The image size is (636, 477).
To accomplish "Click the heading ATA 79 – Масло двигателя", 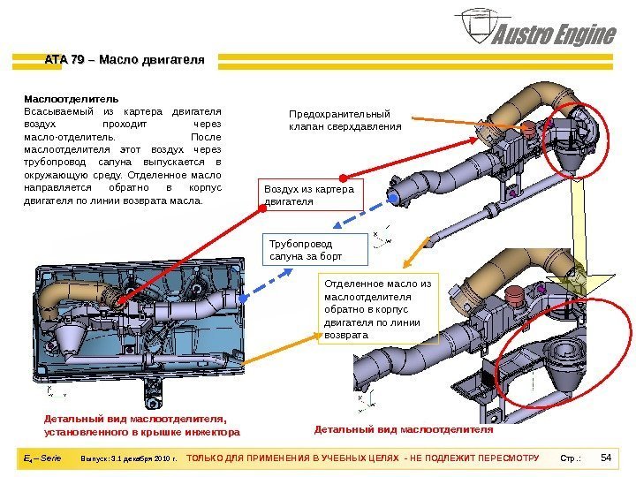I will point(125,60).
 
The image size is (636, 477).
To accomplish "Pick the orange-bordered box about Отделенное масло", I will point(378,309).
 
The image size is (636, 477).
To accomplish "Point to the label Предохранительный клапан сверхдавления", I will point(345,120).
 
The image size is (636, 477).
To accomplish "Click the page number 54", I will point(605,458).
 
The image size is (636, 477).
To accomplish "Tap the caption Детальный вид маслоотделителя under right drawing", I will point(404,429).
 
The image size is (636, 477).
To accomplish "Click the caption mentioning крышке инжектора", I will point(141,425).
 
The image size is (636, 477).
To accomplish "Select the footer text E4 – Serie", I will point(43,458).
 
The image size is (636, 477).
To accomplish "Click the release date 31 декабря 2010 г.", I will point(129,458).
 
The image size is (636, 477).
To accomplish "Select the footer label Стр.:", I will point(572,458).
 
